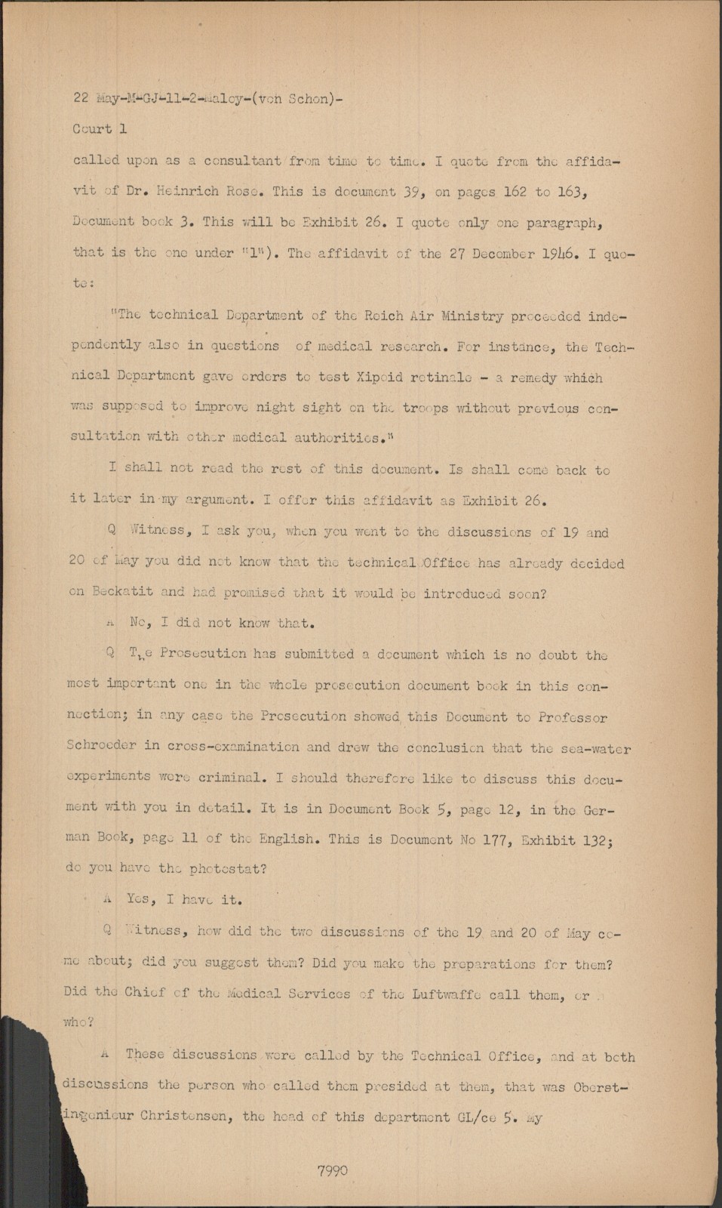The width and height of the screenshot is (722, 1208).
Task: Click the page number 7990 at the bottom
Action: (x=333, y=1171)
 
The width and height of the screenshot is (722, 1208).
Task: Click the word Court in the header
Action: (x=92, y=129)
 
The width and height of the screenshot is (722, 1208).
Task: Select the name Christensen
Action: (x=183, y=1117)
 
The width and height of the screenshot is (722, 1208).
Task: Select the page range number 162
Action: (x=513, y=191)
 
